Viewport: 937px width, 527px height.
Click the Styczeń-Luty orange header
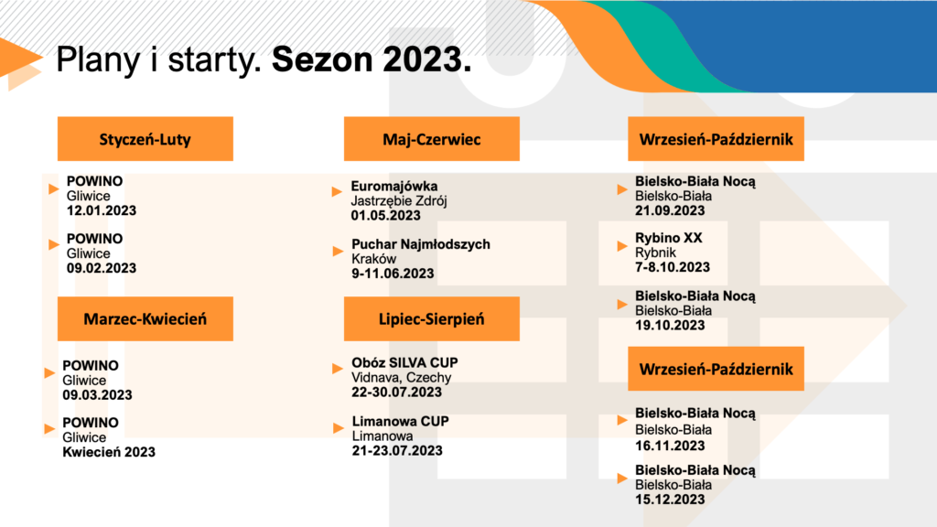[x=145, y=139]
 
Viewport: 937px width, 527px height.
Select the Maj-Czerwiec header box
[x=432, y=139]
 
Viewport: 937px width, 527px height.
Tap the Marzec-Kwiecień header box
[x=145, y=318]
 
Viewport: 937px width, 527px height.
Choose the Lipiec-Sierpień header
[x=432, y=318]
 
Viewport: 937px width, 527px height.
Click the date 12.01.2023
[x=102, y=210]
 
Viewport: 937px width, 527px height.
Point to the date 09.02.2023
[x=102, y=268]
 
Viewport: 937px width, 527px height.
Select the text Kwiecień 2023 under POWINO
[x=109, y=452]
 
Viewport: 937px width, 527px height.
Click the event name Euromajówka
[x=394, y=186]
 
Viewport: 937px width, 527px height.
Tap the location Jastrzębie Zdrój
[x=399, y=200]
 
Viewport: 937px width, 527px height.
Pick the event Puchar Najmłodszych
[x=421, y=243]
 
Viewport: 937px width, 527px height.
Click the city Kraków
[x=374, y=259]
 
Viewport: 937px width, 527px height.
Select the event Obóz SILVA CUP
[x=404, y=362]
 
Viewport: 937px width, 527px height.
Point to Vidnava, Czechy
[x=402, y=378]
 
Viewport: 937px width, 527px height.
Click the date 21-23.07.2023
[x=397, y=450]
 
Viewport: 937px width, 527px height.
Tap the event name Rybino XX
[x=669, y=238]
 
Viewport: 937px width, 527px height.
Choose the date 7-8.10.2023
[x=673, y=267]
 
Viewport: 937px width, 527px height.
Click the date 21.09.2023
[x=670, y=210]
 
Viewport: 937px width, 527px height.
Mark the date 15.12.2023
[x=670, y=500]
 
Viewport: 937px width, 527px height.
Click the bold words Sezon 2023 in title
[x=372, y=59]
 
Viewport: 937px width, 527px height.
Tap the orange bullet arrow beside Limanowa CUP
[x=339, y=428]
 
